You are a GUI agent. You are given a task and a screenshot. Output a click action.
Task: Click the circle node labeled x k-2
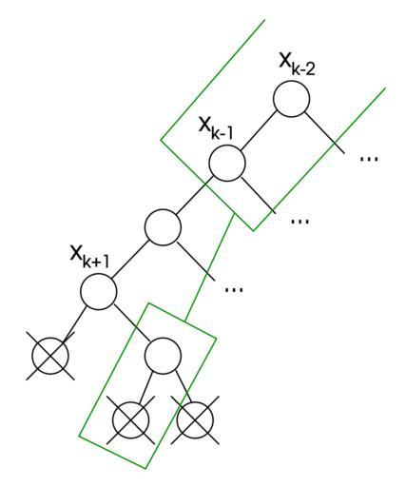(291, 99)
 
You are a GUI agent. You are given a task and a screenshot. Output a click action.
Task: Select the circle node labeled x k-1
(227, 163)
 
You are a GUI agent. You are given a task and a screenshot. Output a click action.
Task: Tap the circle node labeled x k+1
(98, 291)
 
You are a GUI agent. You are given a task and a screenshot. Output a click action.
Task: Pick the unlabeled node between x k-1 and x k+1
(163, 227)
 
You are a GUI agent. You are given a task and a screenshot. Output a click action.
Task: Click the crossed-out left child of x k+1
(50, 356)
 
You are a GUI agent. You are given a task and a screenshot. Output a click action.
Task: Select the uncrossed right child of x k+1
(163, 356)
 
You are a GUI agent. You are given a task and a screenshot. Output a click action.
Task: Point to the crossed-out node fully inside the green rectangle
(130, 419)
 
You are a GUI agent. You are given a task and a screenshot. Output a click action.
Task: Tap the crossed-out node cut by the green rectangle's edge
(195, 419)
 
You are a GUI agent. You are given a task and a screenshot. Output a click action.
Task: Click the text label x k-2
(297, 66)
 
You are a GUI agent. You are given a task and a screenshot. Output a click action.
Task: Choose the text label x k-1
(216, 128)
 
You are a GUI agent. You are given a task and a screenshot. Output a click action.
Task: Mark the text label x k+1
(90, 258)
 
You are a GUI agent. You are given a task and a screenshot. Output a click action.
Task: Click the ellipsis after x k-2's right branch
(369, 158)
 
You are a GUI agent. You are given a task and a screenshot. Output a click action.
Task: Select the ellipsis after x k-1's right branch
(300, 222)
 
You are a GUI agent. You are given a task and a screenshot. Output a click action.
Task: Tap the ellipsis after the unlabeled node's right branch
(234, 289)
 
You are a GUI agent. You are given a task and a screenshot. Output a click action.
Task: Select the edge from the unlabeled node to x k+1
(130, 259)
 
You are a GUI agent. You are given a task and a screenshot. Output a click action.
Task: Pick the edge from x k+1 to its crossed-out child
(75, 325)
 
